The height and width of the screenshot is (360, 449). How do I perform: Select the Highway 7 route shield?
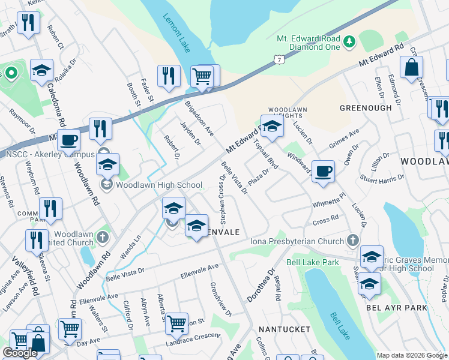point(277,59)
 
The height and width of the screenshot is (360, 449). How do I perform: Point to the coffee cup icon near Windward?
point(323,171)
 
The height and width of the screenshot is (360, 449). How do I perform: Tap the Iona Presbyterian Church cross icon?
point(353,241)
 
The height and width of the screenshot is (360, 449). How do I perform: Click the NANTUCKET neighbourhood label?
point(284,329)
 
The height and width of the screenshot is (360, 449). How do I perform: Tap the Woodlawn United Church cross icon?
point(103,238)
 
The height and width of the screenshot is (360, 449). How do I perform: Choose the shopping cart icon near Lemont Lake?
point(202,76)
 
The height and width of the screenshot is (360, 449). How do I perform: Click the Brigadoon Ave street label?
point(200,118)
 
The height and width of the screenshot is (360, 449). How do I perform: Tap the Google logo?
point(19,353)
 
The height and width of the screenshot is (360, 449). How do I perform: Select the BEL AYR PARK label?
point(396,308)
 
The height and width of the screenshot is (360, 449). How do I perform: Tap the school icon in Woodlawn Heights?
point(272,127)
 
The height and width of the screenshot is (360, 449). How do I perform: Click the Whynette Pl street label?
point(329,200)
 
